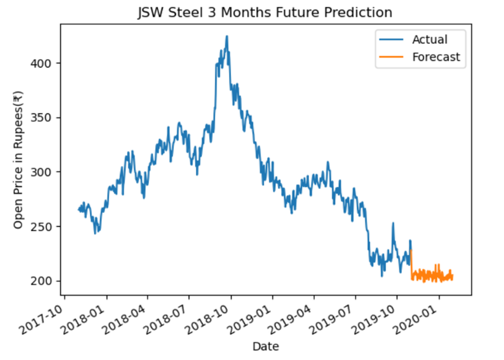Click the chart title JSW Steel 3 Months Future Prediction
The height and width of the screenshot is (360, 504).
pyautogui.click(x=265, y=12)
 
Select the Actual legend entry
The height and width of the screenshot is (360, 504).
pyautogui.click(x=429, y=40)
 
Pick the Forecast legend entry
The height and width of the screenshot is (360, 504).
pyautogui.click(x=436, y=57)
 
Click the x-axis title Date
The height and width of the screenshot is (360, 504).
pyautogui.click(x=266, y=347)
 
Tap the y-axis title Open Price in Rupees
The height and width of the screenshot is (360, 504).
pyautogui.click(x=18, y=160)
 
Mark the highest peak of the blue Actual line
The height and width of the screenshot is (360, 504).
pyautogui.click(x=227, y=37)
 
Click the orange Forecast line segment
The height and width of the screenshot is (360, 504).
pyautogui.click(x=431, y=276)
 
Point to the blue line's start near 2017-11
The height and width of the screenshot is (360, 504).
pyautogui.click(x=79, y=209)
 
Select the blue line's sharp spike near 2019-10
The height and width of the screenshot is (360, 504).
pyautogui.click(x=393, y=224)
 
